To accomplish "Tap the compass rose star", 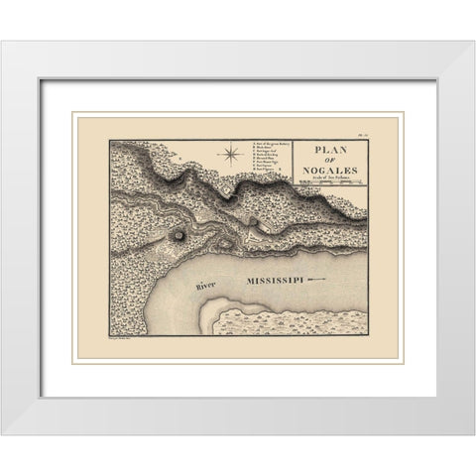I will coord(231,153).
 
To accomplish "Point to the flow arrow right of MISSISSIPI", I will coord(316,282).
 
